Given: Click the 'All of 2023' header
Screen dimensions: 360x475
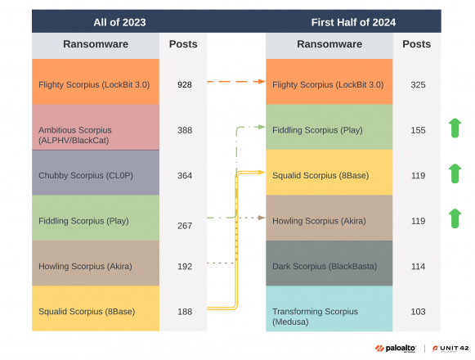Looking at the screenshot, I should [x=119, y=22].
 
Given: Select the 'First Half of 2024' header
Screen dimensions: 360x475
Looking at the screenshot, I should [x=353, y=22].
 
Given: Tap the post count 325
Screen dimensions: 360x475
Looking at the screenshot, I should [x=417, y=83].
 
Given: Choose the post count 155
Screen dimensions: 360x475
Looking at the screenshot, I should [x=417, y=129].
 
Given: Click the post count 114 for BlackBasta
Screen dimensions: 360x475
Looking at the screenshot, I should [x=417, y=266].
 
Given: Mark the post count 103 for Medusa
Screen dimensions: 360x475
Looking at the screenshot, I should [x=417, y=311].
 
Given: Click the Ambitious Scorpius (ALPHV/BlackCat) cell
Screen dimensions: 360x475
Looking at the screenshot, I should [x=96, y=134].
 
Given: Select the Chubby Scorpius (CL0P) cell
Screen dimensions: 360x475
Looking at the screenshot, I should [x=96, y=174].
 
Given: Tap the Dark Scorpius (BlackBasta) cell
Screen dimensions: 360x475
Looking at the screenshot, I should [x=329, y=266].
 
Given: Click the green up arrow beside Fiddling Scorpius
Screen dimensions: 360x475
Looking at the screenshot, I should [x=455, y=128].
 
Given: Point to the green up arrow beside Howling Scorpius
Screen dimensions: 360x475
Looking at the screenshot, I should [x=455, y=219].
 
